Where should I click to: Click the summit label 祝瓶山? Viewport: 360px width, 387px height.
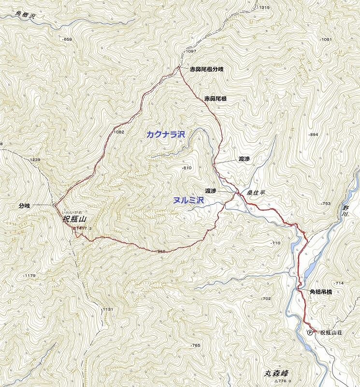click(72, 219)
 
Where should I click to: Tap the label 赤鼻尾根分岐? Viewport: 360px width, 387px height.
click(206, 69)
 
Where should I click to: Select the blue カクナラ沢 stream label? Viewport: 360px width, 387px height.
click(166, 134)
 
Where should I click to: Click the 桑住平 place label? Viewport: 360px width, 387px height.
click(256, 192)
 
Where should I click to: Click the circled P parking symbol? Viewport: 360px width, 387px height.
click(310, 332)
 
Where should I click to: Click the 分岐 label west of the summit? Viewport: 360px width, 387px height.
click(24, 206)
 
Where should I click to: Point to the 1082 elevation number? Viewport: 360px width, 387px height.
click(119, 132)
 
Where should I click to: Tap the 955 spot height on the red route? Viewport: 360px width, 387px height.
click(162, 252)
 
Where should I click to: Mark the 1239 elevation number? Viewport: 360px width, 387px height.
click(35, 160)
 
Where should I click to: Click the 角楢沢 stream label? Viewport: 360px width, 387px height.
click(25, 15)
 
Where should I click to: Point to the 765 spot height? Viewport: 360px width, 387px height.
click(195, 345)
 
